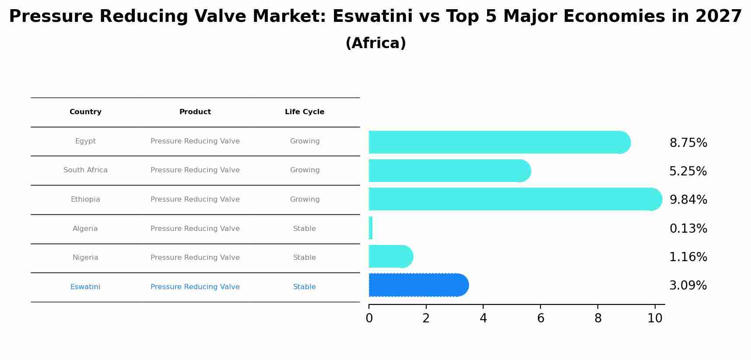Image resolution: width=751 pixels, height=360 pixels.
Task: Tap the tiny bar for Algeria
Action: coord(371,228)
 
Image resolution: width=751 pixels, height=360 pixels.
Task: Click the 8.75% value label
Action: coord(688,143)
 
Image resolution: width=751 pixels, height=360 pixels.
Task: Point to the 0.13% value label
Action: coord(688,229)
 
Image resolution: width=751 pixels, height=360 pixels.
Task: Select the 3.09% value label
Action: coord(688,286)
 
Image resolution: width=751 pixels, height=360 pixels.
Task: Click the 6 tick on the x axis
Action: coord(540,318)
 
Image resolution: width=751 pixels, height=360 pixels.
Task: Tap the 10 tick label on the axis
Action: coord(655,318)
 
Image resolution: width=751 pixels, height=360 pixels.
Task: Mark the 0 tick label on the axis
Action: coord(369,318)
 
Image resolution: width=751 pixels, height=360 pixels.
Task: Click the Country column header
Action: coord(85,112)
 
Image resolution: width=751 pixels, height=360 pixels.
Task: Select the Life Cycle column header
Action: coord(305,112)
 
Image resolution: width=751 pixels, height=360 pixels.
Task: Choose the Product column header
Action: coord(195,112)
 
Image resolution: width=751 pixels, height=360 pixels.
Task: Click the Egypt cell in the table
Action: coord(85,141)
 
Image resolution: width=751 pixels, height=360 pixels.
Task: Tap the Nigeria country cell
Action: coord(85,258)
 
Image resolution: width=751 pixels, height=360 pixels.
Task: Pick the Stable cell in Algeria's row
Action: coord(305,229)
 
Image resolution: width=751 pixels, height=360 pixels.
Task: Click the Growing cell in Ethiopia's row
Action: coord(305,199)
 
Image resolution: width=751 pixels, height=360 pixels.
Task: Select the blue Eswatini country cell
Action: coord(85,287)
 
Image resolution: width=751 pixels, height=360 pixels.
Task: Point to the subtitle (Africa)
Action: coord(375,43)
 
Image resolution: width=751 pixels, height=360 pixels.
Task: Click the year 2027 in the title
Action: coord(718,17)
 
